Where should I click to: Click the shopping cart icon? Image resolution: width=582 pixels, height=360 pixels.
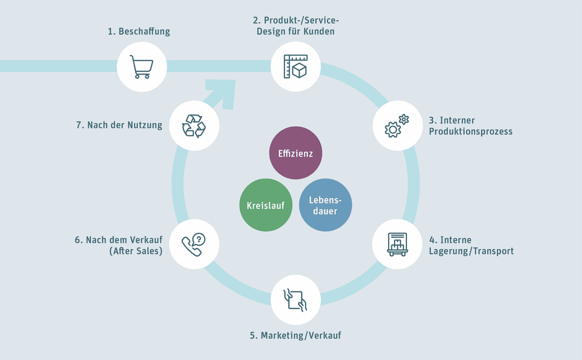click(141, 67)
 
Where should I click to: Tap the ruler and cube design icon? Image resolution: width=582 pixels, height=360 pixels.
click(296, 66)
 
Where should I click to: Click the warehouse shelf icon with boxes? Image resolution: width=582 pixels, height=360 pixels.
click(398, 244)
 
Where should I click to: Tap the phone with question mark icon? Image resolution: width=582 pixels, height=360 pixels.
click(194, 244)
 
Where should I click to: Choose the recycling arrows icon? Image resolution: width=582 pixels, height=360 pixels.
click(194, 126)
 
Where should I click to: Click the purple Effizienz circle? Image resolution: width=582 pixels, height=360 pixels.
click(295, 154)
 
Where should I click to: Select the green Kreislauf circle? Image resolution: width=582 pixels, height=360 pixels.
click(265, 205)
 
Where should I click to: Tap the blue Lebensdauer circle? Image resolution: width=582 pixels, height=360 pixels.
click(325, 205)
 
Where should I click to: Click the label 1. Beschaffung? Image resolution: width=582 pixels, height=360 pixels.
click(139, 31)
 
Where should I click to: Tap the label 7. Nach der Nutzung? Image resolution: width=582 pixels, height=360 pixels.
click(119, 125)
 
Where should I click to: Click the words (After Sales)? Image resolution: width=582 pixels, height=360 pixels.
click(135, 251)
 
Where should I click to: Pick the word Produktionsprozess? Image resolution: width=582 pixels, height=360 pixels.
click(471, 131)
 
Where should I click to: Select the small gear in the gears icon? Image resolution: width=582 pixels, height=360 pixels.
click(403, 119)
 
